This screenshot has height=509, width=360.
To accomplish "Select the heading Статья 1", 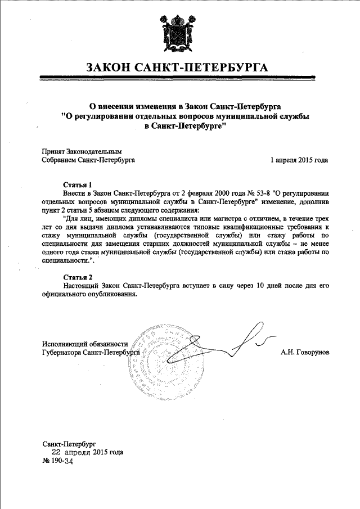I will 76,184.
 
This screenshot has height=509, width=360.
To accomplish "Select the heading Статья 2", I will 76,277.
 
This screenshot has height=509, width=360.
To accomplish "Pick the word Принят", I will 54,151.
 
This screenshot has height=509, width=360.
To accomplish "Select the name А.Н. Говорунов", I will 304,352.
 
